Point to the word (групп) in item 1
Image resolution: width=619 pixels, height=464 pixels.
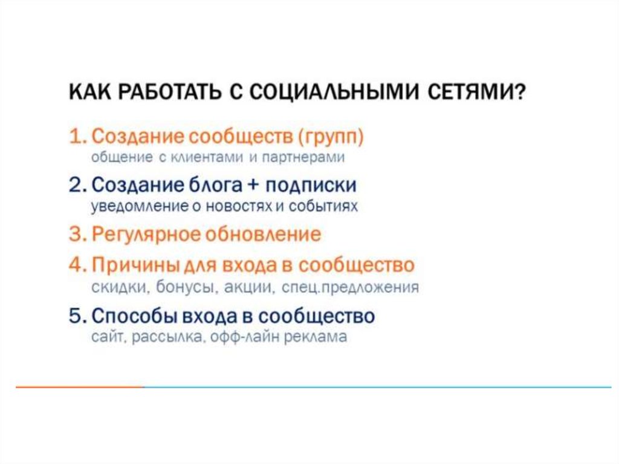click(331, 137)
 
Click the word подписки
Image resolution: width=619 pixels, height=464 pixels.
click(311, 185)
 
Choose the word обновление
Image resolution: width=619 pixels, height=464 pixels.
click(264, 234)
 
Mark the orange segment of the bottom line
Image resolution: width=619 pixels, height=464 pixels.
click(80, 387)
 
